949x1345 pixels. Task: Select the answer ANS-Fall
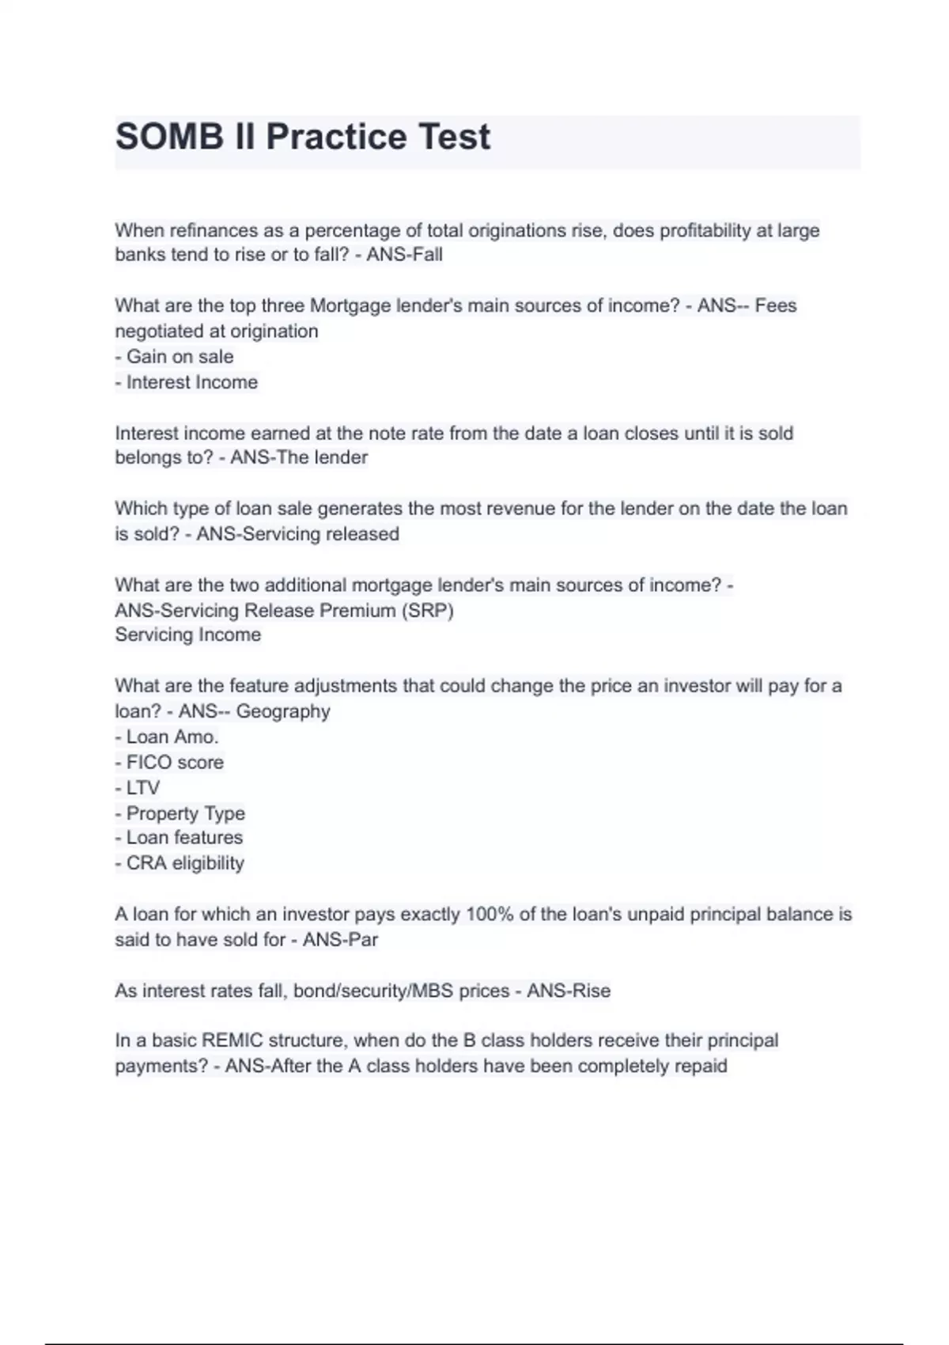click(x=404, y=255)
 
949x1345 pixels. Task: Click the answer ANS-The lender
click(x=299, y=457)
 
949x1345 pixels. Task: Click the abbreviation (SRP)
click(x=427, y=611)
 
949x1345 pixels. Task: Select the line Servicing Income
click(x=188, y=635)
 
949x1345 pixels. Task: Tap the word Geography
click(x=283, y=711)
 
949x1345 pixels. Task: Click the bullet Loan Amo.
click(x=172, y=737)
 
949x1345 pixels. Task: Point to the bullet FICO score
click(x=175, y=762)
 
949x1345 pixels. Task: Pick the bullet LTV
click(x=142, y=788)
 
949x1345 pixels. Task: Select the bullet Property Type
click(x=185, y=813)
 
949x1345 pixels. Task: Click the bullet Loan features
click(x=184, y=837)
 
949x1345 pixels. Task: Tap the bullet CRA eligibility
click(x=185, y=863)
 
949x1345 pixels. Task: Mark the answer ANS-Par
click(x=340, y=940)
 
